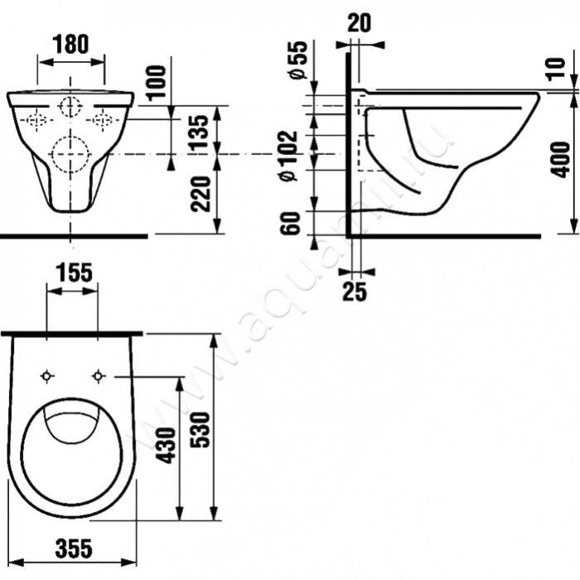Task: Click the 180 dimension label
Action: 71,44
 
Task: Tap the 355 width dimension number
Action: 74,549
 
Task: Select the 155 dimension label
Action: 74,273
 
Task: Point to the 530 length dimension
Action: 200,429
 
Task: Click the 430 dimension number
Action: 166,445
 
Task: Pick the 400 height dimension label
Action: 559,159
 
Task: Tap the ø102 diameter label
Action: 289,156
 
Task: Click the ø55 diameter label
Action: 298,60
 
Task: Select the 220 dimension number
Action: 201,194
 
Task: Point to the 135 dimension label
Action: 201,131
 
